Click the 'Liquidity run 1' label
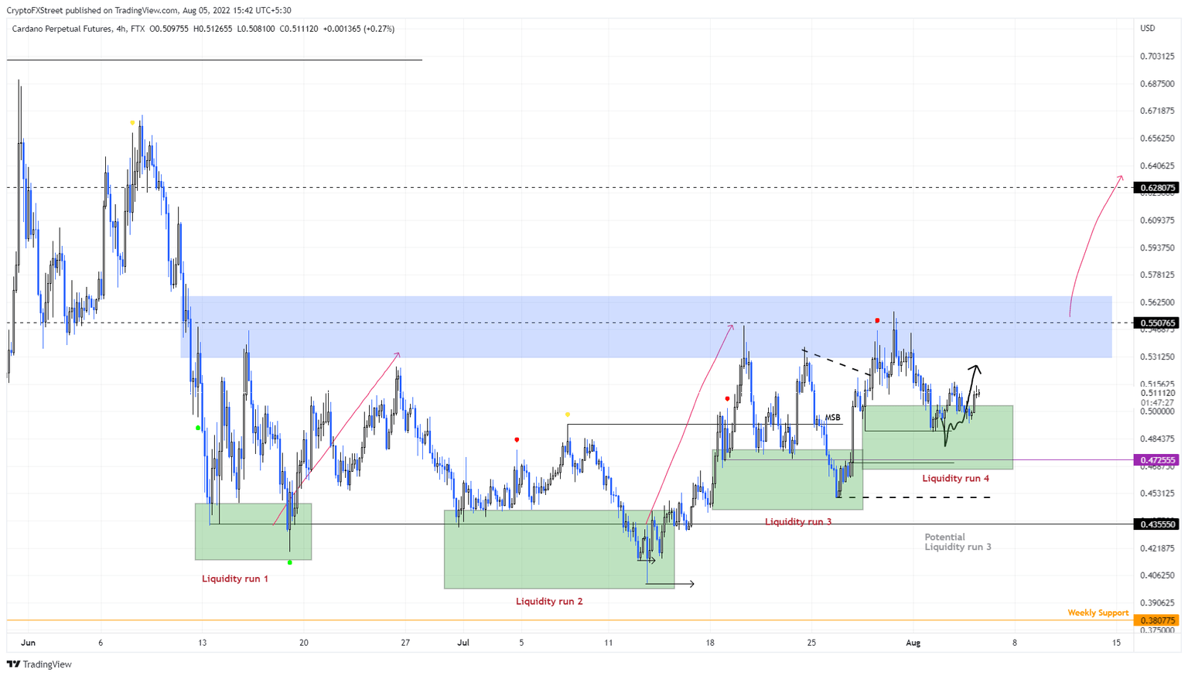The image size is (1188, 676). (235, 579)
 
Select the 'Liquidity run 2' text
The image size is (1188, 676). (549, 601)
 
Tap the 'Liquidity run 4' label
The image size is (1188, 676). (955, 478)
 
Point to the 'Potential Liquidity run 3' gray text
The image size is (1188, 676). (958, 541)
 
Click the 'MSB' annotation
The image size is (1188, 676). (832, 418)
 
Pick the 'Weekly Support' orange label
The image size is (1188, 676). (1098, 613)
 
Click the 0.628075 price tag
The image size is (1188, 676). (1157, 188)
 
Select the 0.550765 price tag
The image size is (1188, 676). (1157, 323)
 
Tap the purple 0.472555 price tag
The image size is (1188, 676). (1157, 459)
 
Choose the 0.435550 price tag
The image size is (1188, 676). (1157, 524)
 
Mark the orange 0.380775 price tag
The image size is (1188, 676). (1157, 620)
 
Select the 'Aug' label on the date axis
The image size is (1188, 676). (913, 643)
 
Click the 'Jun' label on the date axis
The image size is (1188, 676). (28, 643)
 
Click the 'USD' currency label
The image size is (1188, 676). (1148, 29)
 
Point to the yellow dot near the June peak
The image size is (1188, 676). (132, 123)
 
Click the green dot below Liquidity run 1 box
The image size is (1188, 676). (290, 562)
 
